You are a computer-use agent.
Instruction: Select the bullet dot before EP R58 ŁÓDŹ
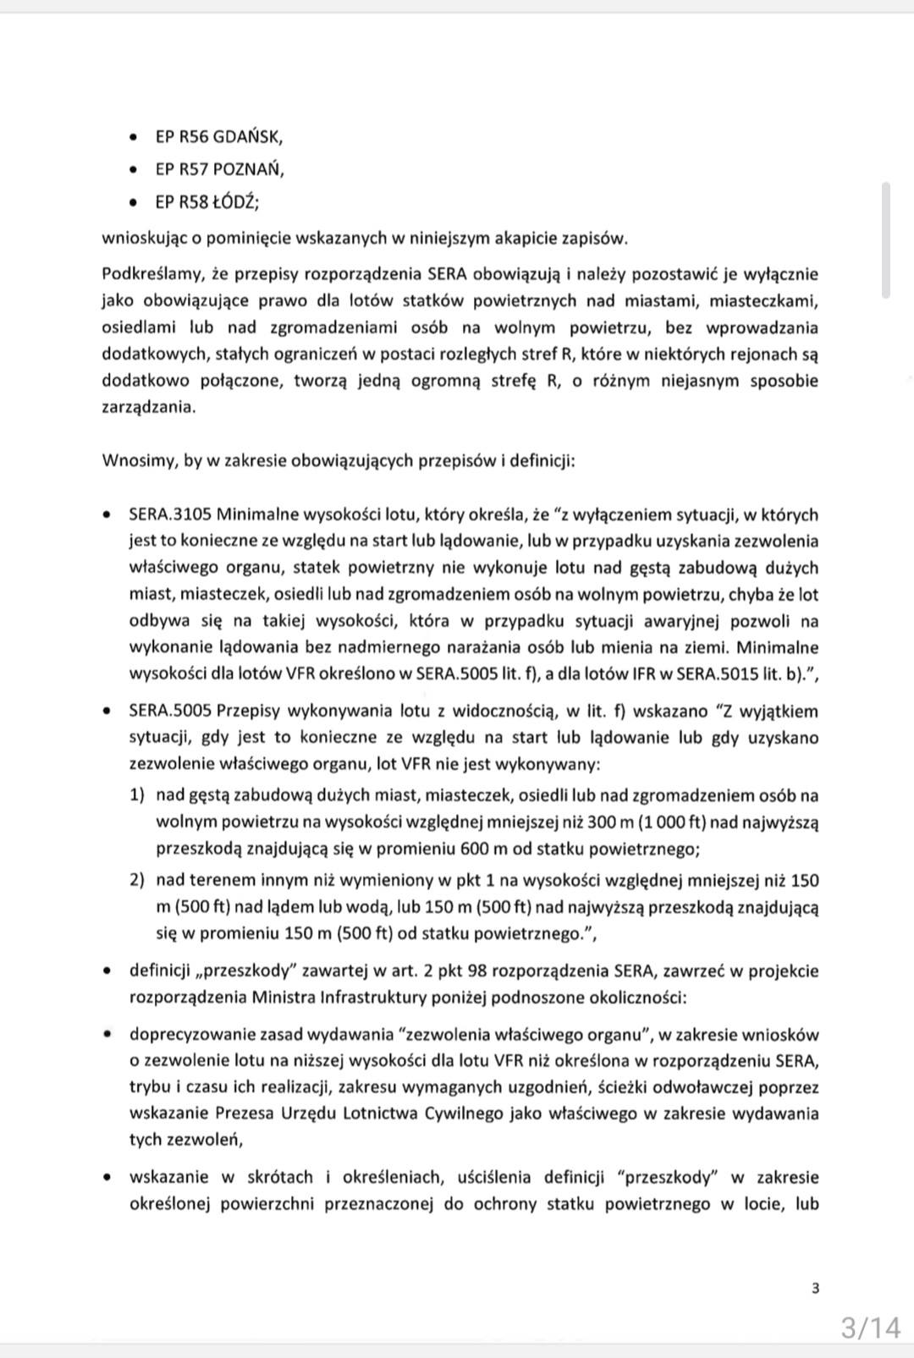(133, 203)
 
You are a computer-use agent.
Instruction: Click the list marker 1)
(138, 795)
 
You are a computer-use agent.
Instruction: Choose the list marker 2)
(138, 880)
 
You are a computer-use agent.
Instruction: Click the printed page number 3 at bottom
(815, 1289)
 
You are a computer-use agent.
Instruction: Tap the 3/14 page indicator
(871, 1328)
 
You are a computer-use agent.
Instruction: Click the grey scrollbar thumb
(885, 239)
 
